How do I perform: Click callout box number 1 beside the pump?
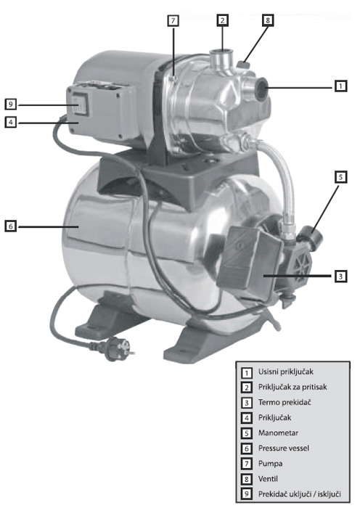tap(340, 86)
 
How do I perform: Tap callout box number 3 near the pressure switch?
tap(340, 276)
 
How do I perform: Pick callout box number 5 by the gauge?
tap(340, 176)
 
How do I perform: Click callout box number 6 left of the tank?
tap(10, 226)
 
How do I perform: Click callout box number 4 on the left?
tap(10, 123)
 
